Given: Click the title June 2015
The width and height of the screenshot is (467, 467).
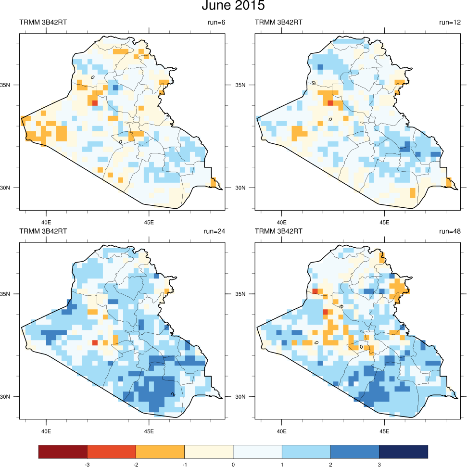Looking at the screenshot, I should tap(233, 6).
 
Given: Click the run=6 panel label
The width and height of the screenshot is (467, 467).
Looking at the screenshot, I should tap(215, 23).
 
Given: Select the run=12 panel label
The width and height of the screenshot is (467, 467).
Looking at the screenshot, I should tap(450, 23).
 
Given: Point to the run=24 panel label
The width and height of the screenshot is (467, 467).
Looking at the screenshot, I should tap(215, 231).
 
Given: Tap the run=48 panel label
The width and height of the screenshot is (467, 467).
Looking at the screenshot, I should tap(450, 231).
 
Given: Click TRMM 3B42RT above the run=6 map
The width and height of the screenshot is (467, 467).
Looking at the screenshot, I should tap(43, 23).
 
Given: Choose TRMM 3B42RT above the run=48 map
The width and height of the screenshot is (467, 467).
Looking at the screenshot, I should tap(278, 231).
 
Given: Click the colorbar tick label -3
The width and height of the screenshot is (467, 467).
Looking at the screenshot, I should tap(88, 465).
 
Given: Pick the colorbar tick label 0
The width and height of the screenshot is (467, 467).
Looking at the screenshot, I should tap(233, 465).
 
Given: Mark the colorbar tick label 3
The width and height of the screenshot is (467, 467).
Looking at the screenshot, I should tap(379, 465).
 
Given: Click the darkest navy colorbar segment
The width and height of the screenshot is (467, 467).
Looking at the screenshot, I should tap(403, 452).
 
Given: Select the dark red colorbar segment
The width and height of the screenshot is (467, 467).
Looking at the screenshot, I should tap(63, 452).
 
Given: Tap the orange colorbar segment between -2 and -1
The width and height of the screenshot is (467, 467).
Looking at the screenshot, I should tap(160, 452).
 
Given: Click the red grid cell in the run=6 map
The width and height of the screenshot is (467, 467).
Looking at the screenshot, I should tap(95, 102).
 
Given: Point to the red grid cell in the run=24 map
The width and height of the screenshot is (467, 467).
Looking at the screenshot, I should tap(95, 342).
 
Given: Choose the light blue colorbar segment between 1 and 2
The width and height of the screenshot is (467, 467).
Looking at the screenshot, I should tap(306, 452).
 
